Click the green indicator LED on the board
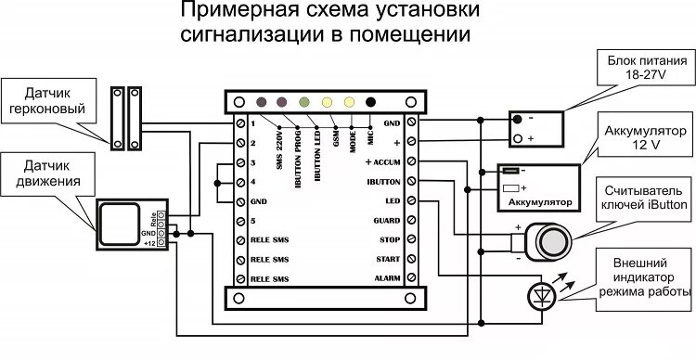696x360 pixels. point(303,101)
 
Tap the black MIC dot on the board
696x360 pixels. point(372,101)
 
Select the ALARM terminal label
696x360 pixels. point(386,278)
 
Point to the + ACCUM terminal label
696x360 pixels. point(382,161)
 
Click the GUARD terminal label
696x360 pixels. point(385,221)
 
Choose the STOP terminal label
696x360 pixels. point(388,239)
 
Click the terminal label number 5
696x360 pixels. point(252,221)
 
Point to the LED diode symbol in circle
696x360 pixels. point(541,295)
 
